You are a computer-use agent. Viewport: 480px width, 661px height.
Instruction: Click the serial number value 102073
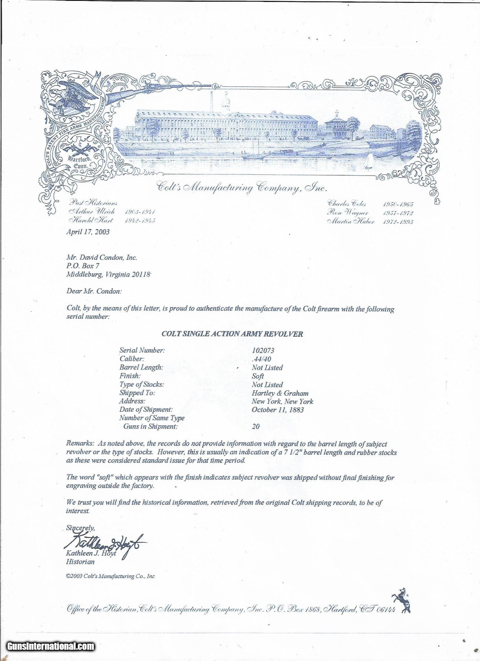coord(263,350)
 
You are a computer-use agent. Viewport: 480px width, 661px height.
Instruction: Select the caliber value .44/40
coord(261,359)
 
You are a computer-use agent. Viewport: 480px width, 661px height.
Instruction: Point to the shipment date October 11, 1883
coord(278,409)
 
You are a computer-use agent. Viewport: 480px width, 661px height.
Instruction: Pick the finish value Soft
coord(258,376)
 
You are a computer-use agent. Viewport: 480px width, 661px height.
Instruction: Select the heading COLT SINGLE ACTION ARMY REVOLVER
coord(232,334)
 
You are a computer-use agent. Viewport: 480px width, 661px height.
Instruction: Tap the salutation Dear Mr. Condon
coord(93,292)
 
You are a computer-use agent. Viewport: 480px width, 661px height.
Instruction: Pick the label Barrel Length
coord(141,368)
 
